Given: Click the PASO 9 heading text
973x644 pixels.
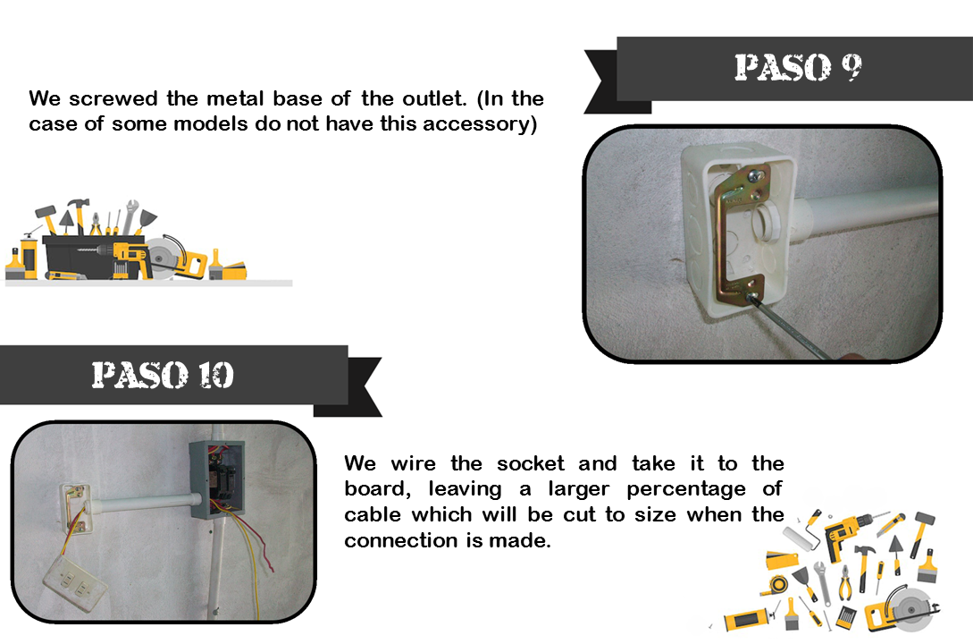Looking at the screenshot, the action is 798,67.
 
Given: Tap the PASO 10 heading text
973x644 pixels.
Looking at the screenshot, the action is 163,375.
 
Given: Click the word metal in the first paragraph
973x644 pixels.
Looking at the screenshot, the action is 237,98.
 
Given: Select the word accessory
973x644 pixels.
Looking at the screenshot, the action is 480,124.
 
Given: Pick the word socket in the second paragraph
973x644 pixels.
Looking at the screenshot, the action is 531,463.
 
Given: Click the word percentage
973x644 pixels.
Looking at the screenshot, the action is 685,489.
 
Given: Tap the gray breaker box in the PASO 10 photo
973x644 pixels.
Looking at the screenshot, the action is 216,479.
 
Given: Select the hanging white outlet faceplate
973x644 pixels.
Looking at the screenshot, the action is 74,579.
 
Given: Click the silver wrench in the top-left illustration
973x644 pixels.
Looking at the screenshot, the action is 130,216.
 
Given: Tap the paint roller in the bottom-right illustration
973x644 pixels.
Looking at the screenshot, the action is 801,531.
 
